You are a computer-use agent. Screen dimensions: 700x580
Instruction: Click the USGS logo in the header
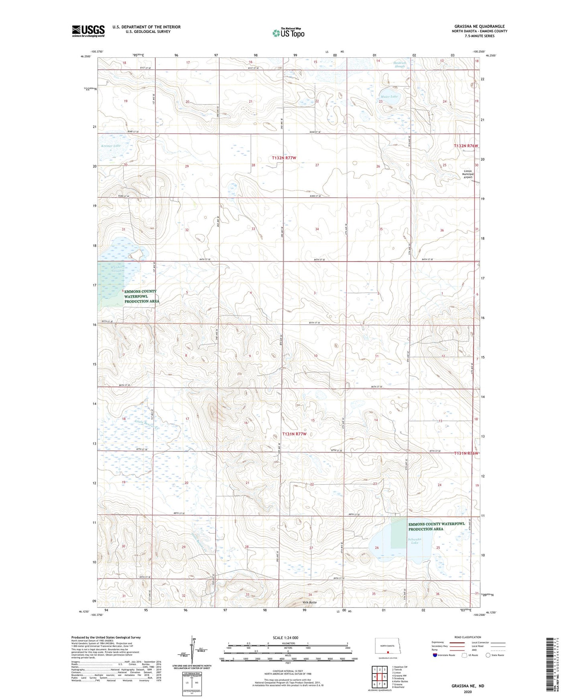[88, 31]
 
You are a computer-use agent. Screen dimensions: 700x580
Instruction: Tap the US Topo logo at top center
[288, 32]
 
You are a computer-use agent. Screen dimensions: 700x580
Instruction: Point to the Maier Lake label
[388, 97]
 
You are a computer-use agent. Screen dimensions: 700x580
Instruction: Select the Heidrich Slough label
[399, 65]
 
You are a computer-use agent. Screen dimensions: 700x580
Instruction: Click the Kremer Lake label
[111, 146]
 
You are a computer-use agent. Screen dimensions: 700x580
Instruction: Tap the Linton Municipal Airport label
[468, 174]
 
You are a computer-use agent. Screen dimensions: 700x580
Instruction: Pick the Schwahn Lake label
[415, 541]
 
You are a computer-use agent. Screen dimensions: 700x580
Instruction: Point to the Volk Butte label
[309, 602]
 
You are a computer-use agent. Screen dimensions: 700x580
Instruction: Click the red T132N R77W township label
[284, 158]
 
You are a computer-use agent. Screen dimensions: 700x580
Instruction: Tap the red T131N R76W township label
[466, 453]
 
